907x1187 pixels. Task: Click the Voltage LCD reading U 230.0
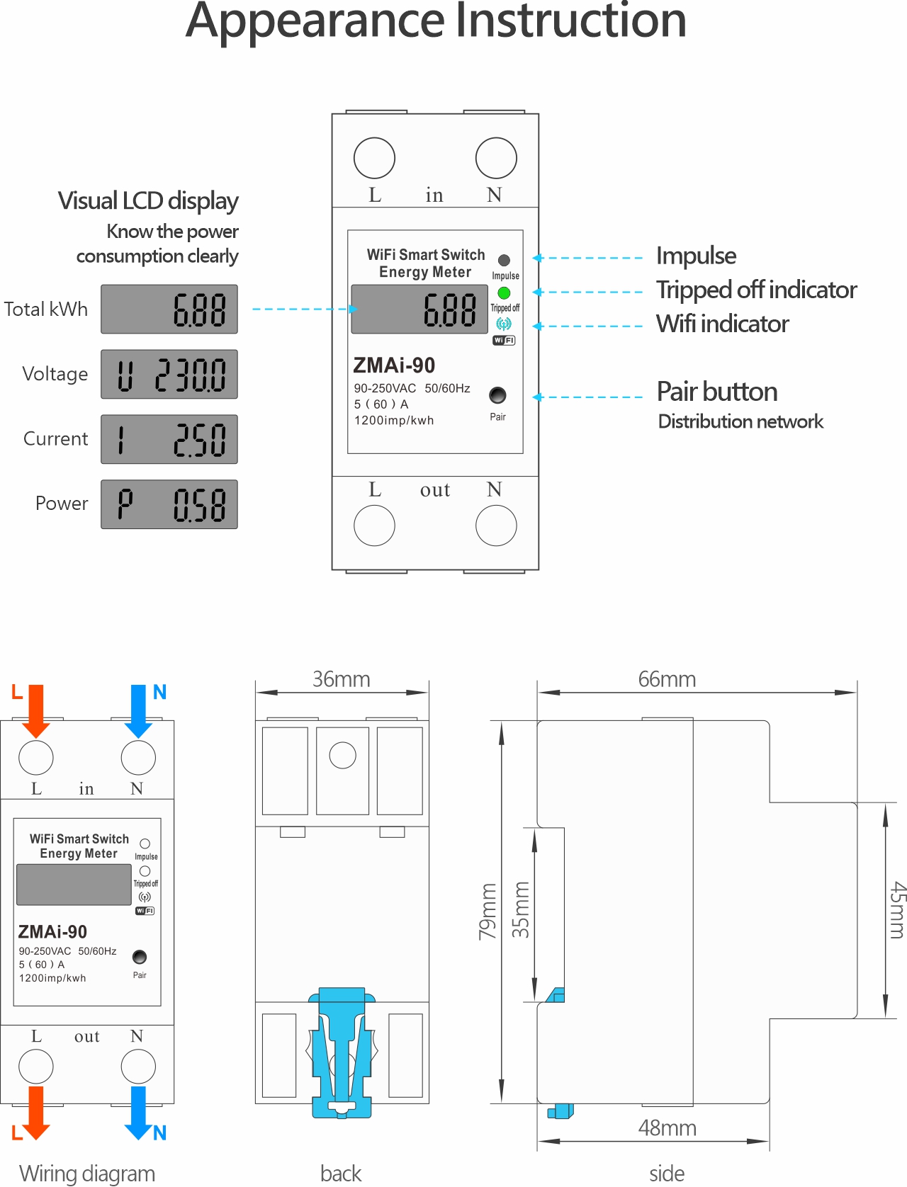coord(169,375)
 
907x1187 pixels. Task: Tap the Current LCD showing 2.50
coord(169,440)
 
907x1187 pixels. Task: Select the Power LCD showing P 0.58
coord(169,505)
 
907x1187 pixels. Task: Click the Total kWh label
coord(46,309)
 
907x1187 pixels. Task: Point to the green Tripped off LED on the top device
coord(504,293)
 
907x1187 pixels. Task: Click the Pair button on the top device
coord(497,395)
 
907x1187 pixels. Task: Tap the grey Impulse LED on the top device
coord(504,260)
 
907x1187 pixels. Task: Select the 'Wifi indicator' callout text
coord(722,324)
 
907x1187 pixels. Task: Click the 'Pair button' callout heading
coord(717,392)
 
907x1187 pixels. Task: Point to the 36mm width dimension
coord(342,680)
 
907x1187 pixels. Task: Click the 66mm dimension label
coord(667,680)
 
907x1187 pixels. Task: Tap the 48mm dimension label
coord(667,1128)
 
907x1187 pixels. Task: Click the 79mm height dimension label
coord(488,911)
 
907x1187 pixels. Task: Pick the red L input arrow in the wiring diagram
coord(35,710)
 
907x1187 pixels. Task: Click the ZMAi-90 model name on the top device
coord(394,365)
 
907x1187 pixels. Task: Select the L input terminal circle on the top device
coord(374,158)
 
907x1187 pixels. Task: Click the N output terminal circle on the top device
coord(496,526)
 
